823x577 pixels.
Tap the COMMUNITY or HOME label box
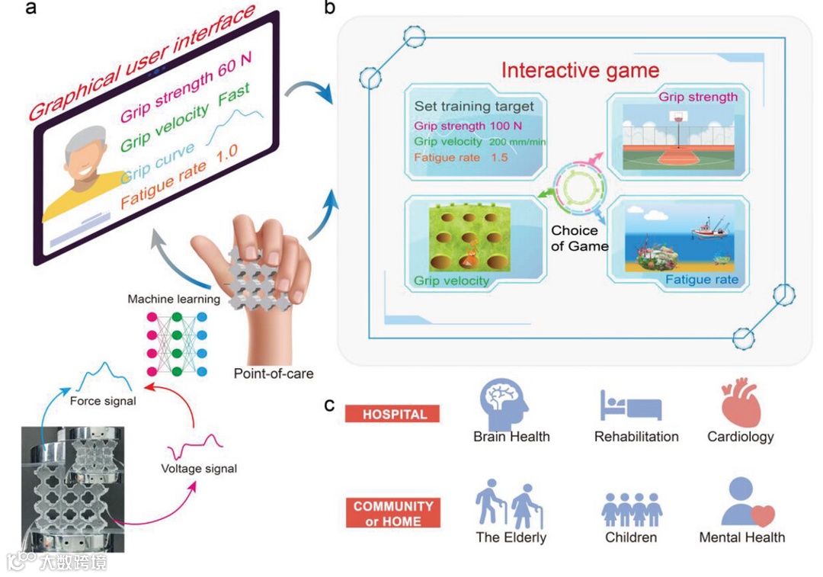click(x=393, y=513)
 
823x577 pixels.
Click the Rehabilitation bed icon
click(x=631, y=406)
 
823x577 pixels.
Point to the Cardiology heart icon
click(x=741, y=403)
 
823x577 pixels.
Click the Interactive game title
click(x=580, y=71)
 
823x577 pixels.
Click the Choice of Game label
click(x=580, y=238)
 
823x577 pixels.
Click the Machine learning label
click(x=173, y=299)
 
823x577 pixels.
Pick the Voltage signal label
click(x=199, y=469)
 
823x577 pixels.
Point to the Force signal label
click(x=103, y=401)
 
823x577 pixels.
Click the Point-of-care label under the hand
click(x=274, y=373)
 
